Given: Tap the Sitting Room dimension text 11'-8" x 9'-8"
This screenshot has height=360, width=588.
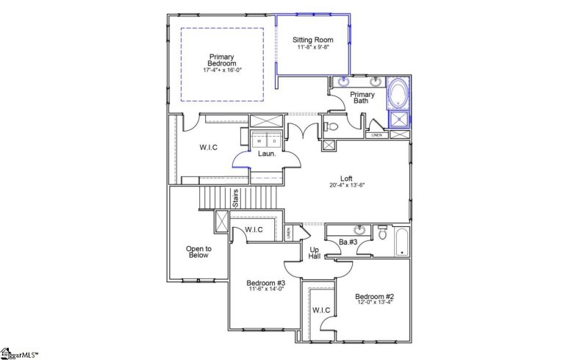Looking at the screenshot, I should pyautogui.click(x=313, y=48).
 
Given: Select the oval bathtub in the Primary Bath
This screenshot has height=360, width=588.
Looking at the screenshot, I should pyautogui.click(x=399, y=95).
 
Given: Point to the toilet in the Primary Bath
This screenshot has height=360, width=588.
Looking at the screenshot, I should pyautogui.click(x=331, y=127).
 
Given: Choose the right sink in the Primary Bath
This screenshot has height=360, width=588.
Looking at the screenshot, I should pyautogui.click(x=375, y=82).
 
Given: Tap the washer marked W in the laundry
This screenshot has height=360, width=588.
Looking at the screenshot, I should pyautogui.click(x=259, y=141).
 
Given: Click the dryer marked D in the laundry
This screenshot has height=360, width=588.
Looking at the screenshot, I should pyautogui.click(x=274, y=141).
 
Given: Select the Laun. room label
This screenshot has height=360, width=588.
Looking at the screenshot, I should pyautogui.click(x=266, y=154).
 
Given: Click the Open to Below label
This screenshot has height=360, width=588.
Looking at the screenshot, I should pyautogui.click(x=198, y=252).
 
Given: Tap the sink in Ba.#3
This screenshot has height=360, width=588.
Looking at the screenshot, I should pyautogui.click(x=359, y=230).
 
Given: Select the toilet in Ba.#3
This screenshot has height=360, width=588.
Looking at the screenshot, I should pyautogui.click(x=382, y=232).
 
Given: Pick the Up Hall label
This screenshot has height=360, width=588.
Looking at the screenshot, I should pyautogui.click(x=313, y=251).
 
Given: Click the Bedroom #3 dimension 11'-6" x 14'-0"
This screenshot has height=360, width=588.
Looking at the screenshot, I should pyautogui.click(x=265, y=289).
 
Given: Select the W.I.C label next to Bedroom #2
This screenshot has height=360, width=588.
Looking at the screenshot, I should pyautogui.click(x=321, y=310).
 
